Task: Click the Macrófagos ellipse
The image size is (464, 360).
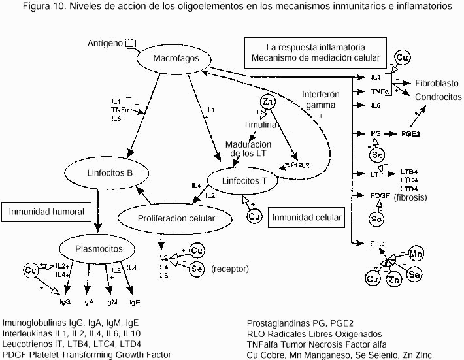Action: (172, 59)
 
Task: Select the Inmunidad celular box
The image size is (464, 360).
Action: (307, 217)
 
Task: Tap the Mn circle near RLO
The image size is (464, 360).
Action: (416, 253)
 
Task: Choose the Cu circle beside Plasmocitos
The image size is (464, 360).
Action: (30, 269)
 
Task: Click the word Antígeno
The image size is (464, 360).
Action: (105, 44)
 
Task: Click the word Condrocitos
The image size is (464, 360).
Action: (437, 95)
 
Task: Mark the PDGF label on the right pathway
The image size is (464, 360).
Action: (380, 195)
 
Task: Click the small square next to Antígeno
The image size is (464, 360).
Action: (129, 43)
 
